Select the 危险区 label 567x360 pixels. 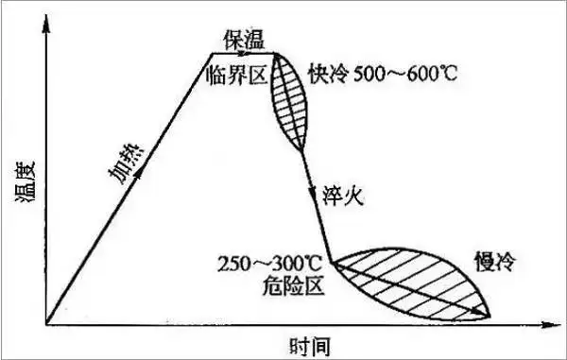tap(295, 284)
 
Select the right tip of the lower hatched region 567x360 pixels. tap(491, 314)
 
